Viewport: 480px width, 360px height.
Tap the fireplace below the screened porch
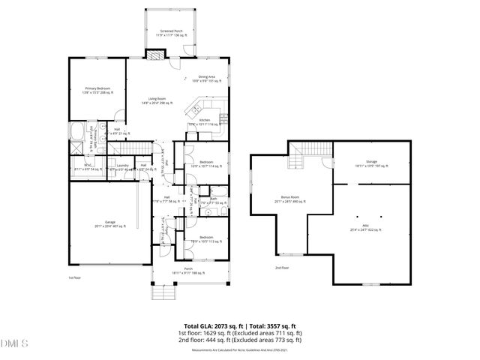pos(154,55)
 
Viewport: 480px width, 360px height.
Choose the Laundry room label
pos(123,167)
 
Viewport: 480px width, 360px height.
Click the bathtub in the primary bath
pos(76,135)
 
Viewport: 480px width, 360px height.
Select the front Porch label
pos(188,270)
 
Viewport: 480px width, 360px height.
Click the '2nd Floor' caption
pos(281,268)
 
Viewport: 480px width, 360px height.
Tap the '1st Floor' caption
pos(75,277)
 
